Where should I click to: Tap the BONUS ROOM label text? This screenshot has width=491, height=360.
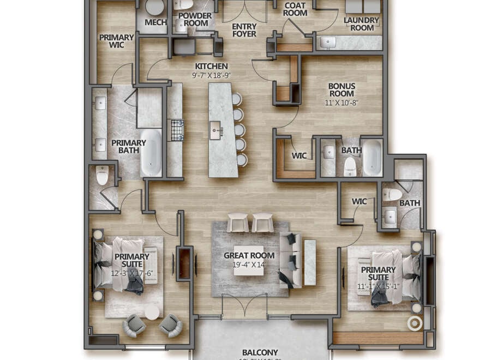(342, 90)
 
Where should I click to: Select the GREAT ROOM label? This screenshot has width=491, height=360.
(249, 255)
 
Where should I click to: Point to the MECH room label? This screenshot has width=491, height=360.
(155, 22)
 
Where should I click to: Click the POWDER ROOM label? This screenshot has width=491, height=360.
(195, 20)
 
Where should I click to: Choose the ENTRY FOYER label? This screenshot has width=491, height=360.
(244, 30)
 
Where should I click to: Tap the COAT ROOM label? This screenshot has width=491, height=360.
(295, 9)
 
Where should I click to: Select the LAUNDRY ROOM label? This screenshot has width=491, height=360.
(361, 24)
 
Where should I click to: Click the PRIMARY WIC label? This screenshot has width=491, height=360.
(116, 41)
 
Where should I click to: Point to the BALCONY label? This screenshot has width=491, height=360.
(260, 352)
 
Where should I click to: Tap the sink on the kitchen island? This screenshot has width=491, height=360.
(215, 130)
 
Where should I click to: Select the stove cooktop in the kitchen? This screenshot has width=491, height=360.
(177, 130)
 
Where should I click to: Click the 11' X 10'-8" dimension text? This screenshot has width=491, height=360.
(342, 103)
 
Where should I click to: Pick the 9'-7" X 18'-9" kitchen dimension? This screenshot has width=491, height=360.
(211, 75)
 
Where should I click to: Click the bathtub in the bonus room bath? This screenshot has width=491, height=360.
(373, 158)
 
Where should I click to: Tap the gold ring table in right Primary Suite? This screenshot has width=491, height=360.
(415, 323)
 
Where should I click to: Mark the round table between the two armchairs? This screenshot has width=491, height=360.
(152, 312)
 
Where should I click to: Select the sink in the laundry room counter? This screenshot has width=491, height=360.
(329, 42)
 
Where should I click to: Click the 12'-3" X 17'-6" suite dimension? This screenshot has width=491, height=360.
(131, 273)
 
